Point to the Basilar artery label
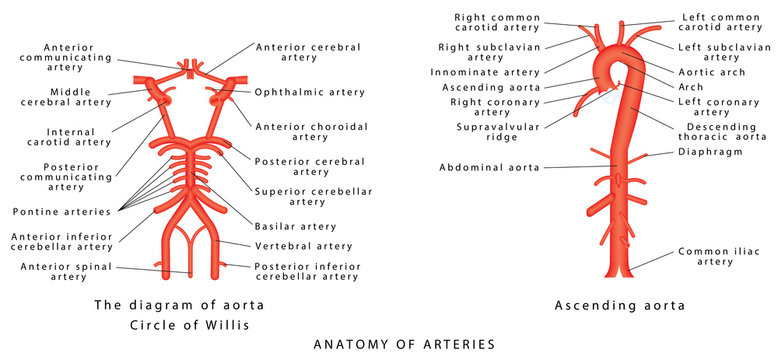coord(295,226)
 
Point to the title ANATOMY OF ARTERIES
coord(404,344)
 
